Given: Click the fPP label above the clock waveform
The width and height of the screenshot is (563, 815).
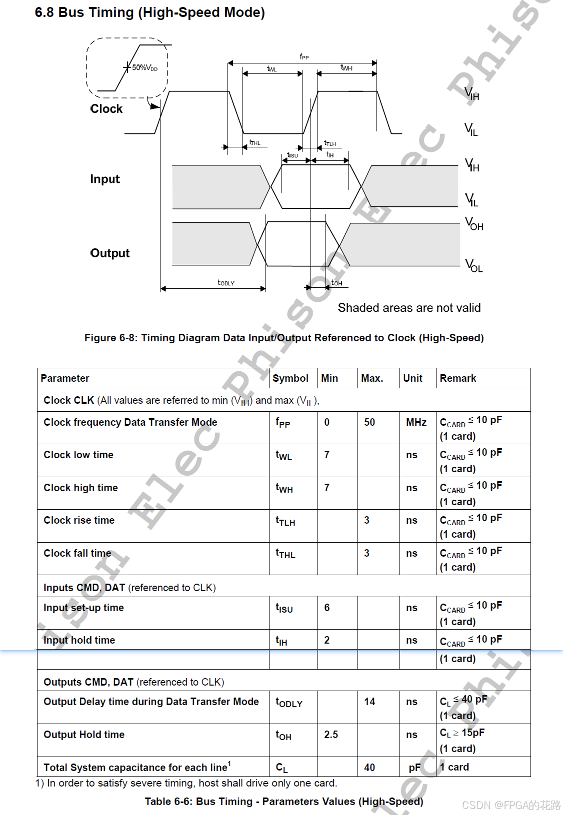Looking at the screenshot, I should [x=304, y=57].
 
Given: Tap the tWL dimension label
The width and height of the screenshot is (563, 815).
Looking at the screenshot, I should [x=272, y=69].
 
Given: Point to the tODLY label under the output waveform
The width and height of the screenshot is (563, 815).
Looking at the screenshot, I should [x=226, y=283].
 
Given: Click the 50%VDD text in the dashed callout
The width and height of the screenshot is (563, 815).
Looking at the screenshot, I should [x=144, y=67].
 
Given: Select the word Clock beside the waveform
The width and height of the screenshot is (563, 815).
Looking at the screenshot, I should [x=106, y=109].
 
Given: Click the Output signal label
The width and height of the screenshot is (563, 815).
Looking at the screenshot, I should [x=109, y=253].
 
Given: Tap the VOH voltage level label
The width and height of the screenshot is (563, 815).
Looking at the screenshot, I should [x=474, y=223].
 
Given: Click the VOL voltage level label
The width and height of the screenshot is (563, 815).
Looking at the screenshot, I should [x=474, y=265].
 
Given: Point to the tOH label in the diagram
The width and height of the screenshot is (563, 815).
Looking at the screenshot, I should [x=337, y=283].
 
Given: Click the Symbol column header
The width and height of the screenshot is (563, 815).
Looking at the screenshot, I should [x=290, y=378].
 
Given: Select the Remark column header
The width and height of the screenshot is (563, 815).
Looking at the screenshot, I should [x=457, y=378].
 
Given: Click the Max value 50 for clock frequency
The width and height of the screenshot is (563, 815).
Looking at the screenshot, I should [x=369, y=422].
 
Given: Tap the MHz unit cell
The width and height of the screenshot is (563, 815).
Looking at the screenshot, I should [x=416, y=422].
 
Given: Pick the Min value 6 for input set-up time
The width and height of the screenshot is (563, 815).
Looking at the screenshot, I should [x=327, y=608].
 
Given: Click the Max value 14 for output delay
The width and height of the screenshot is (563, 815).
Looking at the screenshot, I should [x=369, y=702].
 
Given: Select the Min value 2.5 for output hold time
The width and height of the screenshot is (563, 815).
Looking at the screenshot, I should [x=331, y=735].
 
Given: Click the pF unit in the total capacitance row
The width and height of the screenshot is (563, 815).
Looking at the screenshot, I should [x=414, y=768].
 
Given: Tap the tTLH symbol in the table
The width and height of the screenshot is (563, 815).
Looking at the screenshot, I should [x=285, y=521].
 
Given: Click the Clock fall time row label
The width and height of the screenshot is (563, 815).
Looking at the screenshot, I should [x=77, y=553].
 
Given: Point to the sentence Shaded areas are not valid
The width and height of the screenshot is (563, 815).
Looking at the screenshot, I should [x=409, y=308].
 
